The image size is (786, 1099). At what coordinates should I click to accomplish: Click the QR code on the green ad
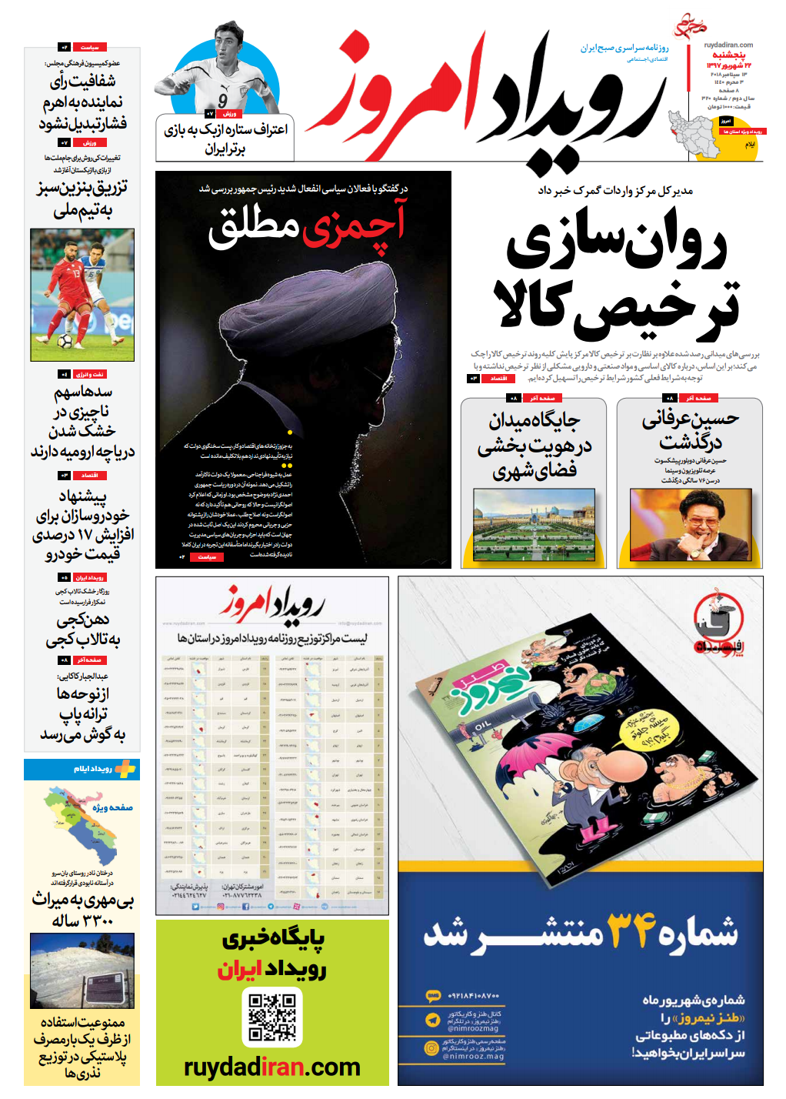272,1016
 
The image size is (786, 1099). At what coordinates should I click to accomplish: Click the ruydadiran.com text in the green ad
272,1067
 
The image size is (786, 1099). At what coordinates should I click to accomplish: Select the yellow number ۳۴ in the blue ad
631,930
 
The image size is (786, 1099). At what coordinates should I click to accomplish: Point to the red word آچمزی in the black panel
355,225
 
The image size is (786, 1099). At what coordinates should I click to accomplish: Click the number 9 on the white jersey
223,101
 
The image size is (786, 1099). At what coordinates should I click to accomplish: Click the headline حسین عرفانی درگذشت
690,430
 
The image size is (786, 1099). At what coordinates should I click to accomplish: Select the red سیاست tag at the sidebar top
89,48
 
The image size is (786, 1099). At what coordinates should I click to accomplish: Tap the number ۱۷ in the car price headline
85,534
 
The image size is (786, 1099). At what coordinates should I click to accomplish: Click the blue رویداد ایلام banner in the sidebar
82,769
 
